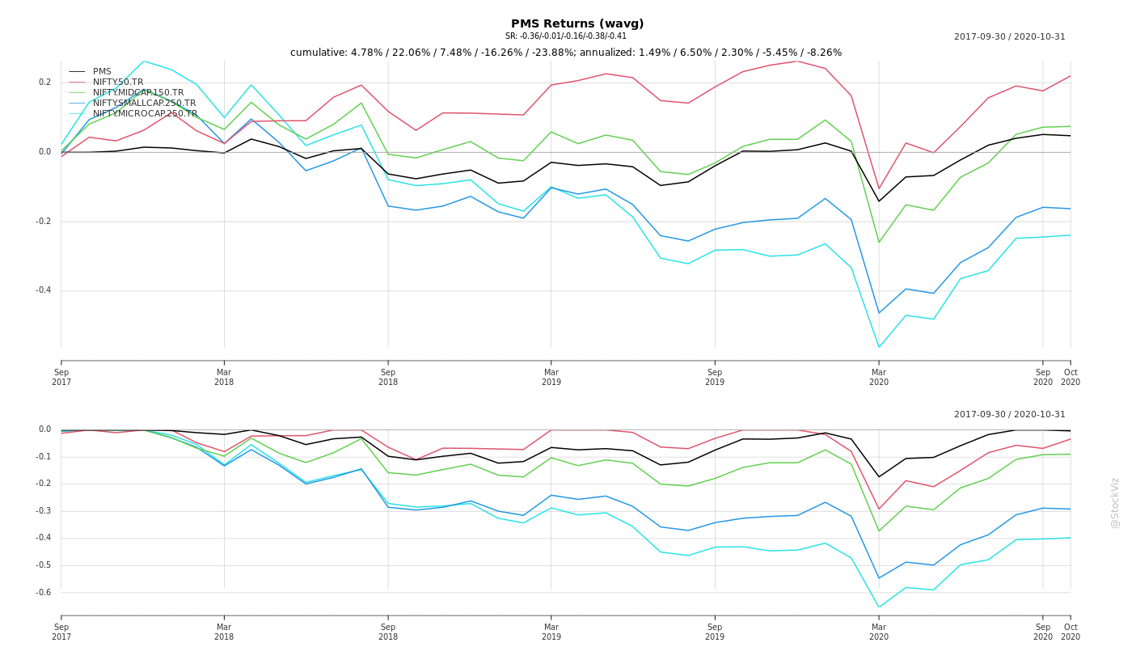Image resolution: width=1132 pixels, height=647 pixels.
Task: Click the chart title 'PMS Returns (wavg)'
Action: pyautogui.click(x=577, y=23)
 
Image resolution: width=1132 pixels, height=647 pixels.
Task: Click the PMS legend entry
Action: pyautogui.click(x=102, y=72)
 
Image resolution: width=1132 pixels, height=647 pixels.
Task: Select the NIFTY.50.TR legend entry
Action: pyautogui.click(x=118, y=82)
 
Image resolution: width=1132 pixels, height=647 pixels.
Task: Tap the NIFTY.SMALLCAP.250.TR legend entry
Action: pyautogui.click(x=144, y=104)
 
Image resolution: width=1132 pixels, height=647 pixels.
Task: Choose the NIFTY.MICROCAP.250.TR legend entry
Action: pyautogui.click(x=145, y=114)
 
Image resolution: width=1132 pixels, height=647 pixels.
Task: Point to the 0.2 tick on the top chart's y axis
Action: pyautogui.click(x=45, y=82)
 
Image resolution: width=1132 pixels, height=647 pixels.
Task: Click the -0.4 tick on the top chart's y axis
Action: pyautogui.click(x=43, y=290)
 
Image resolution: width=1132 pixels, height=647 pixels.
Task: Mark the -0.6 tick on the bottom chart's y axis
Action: pyautogui.click(x=43, y=593)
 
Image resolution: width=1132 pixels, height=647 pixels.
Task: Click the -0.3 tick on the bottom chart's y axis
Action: pyautogui.click(x=43, y=511)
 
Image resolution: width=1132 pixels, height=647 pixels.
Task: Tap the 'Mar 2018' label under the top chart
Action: pyautogui.click(x=224, y=377)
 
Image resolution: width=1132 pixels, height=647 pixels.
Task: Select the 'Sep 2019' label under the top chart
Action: pyautogui.click(x=715, y=377)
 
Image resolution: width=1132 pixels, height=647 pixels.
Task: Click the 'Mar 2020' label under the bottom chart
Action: pyautogui.click(x=879, y=632)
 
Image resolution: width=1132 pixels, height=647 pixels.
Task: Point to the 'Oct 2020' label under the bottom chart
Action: pyautogui.click(x=1071, y=632)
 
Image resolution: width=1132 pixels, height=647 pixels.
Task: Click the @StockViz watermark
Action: pyautogui.click(x=1115, y=502)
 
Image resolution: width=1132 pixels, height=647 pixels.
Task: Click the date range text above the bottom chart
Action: pyautogui.click(x=1009, y=415)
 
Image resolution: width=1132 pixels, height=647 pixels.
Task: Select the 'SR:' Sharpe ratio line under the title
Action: pyautogui.click(x=566, y=36)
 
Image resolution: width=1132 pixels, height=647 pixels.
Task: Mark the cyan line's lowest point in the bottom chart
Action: pyautogui.click(x=879, y=607)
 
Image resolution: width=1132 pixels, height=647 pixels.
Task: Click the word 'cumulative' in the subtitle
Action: pyautogui.click(x=318, y=53)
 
